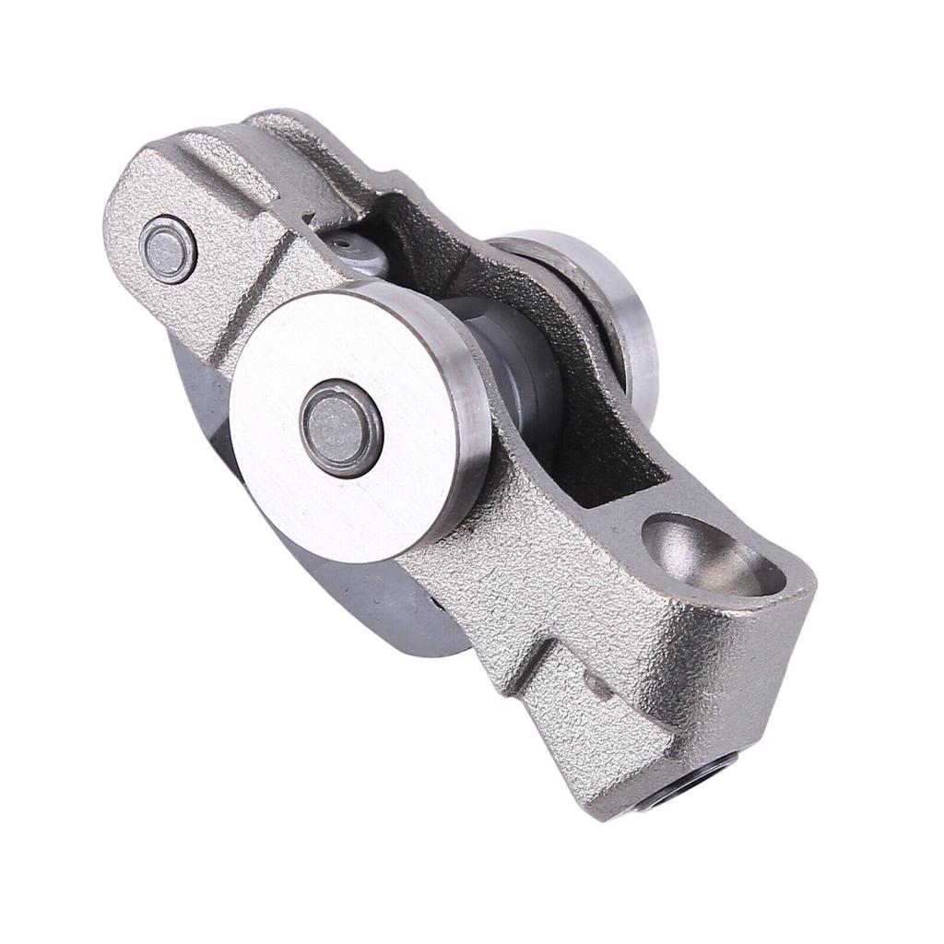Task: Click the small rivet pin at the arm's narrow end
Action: (x=168, y=249)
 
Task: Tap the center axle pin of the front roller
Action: (x=340, y=429)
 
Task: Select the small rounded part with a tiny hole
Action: (x=355, y=249)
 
